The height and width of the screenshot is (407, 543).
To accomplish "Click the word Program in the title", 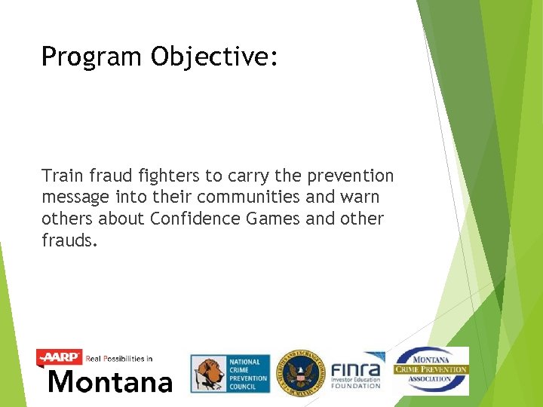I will [92, 57].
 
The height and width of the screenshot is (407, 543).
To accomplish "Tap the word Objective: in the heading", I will [215, 57].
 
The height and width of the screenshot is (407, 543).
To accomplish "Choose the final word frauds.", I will [69, 240].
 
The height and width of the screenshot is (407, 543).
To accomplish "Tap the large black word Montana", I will [110, 381].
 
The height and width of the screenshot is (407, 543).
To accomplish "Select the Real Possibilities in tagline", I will [120, 359].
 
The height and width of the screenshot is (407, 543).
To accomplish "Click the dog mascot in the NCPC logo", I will [209, 375].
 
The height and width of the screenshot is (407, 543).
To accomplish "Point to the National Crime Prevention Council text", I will [248, 375].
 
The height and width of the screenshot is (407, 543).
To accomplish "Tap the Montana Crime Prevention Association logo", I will [431, 370].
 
